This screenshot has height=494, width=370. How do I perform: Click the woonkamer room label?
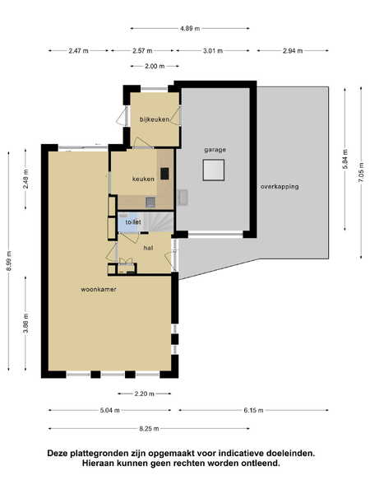99,289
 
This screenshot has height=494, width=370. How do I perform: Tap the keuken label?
143,179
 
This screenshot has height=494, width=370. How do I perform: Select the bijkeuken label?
155,119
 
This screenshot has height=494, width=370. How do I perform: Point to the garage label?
215,150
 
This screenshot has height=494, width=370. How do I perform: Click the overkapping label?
280,187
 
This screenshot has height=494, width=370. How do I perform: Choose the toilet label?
133,222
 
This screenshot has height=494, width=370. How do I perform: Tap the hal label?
148,248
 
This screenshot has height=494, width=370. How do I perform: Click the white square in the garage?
214,170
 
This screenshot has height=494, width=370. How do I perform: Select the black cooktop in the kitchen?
164,174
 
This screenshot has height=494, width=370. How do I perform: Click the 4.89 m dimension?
190,29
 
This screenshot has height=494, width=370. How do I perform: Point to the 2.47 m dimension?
78,51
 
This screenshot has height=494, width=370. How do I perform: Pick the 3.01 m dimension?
213,51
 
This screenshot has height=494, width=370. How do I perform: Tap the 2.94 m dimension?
293,51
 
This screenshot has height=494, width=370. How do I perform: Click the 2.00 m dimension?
155,67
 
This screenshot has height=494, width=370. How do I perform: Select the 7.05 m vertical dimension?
361,172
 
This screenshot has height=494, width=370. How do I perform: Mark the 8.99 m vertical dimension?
9,261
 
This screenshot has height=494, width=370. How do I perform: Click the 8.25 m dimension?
149,429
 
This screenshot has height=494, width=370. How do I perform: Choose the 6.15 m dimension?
253,411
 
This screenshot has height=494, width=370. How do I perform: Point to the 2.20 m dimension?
145,394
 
